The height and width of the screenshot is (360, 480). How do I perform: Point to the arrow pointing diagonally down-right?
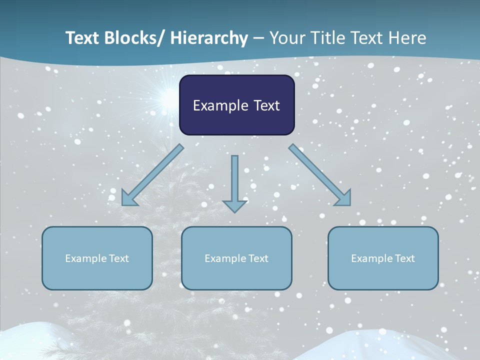click(320, 175)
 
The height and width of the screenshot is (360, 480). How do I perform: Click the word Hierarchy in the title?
click(209, 38)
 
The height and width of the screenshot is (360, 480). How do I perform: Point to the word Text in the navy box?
click(265, 105)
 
